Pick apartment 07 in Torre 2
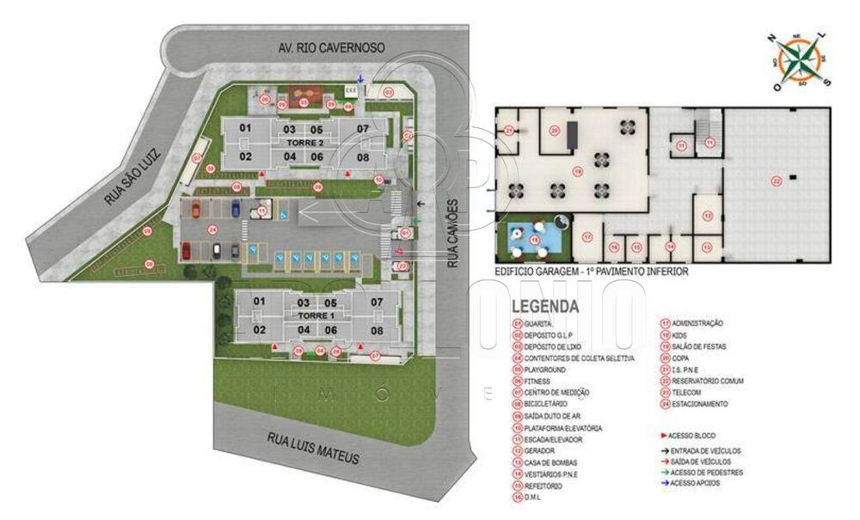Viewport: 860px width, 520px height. point(363,129)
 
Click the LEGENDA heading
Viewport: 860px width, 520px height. point(544,307)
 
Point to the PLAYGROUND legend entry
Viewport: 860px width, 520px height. point(545,369)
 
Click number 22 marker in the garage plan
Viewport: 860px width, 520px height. point(776,180)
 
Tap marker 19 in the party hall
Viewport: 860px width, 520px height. point(578,171)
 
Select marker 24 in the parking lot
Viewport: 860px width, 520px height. point(212,229)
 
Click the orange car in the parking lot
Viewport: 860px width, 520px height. point(195,206)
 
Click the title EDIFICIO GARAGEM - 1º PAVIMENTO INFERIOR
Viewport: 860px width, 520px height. point(591,272)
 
